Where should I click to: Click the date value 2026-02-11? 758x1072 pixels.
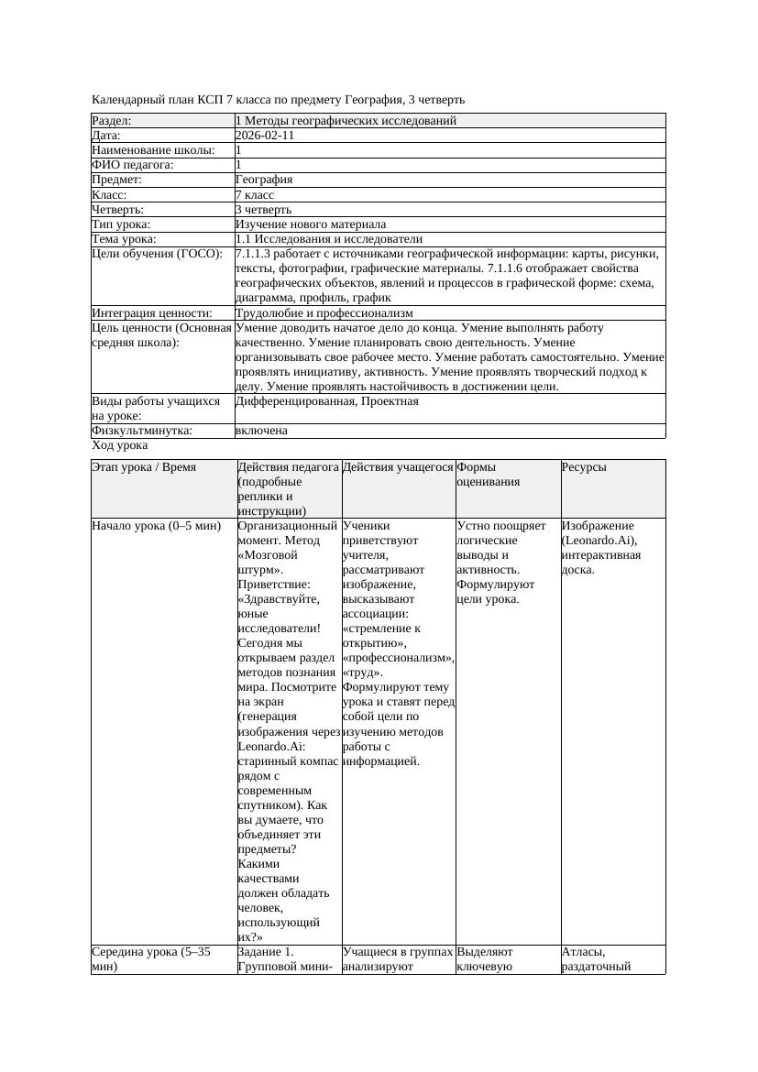[265, 136]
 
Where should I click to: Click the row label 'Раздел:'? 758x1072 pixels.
[112, 121]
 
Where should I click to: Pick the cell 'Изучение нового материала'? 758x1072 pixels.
[311, 224]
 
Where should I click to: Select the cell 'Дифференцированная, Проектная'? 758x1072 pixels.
[326, 401]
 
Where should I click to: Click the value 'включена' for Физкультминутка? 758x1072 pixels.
[261, 431]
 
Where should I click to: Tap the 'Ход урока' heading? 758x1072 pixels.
[120, 445]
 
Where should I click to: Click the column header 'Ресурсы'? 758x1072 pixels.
[584, 467]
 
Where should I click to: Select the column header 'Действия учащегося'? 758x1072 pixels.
[398, 467]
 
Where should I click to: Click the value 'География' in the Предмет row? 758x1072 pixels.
[264, 180]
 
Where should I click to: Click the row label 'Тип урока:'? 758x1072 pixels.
[121, 224]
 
